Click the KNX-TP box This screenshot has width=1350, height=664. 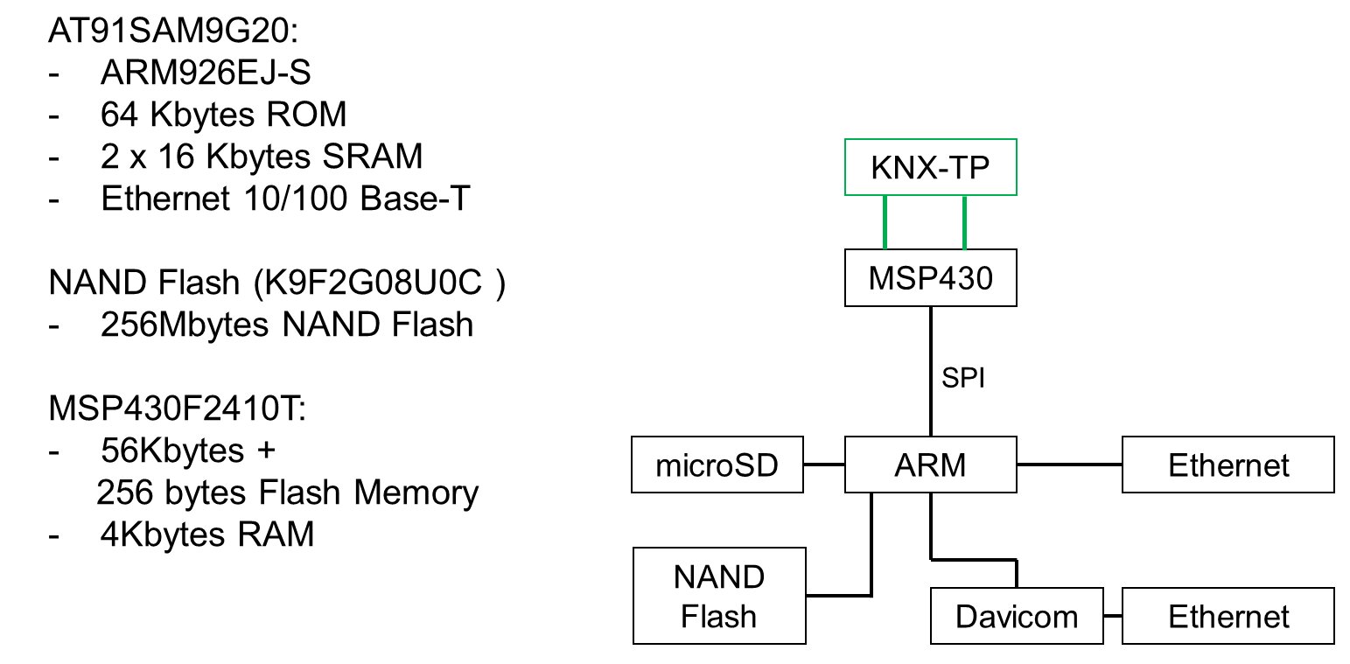tap(930, 166)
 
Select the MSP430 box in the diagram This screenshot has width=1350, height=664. tap(930, 277)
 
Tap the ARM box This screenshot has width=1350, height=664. tap(930, 465)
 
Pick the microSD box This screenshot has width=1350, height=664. tap(717, 465)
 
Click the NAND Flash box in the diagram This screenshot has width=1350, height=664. tap(718, 596)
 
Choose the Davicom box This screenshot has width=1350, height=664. tap(1017, 616)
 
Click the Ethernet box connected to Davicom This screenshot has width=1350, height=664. tap(1228, 616)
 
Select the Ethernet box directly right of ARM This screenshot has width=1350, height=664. tap(1228, 465)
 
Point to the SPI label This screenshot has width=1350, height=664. tap(963, 380)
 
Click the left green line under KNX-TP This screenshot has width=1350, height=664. tap(886, 222)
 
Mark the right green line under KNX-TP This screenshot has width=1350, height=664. tap(965, 222)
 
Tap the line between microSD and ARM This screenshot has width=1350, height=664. tap(824, 464)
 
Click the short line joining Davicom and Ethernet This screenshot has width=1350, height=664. tap(1113, 616)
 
